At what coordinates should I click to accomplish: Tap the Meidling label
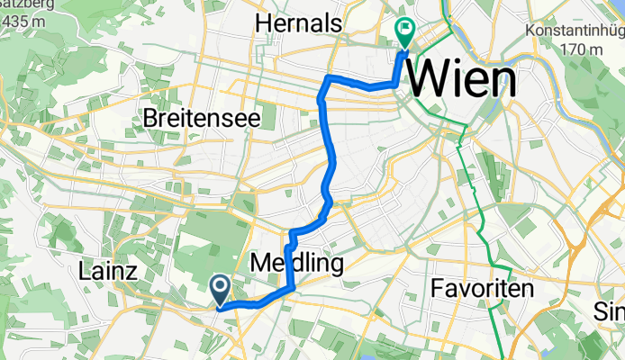click(296, 265)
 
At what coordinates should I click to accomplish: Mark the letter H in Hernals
click(262, 22)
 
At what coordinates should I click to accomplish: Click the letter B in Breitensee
click(149, 118)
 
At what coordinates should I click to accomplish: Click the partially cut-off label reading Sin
click(610, 312)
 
